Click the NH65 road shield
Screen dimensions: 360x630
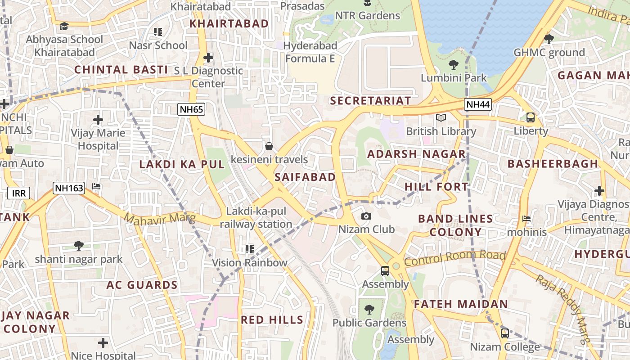point(192,109)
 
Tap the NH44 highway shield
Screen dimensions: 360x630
point(478,104)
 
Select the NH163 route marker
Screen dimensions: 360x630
point(69,188)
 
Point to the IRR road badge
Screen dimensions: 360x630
point(19,193)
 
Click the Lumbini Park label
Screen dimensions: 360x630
point(454,77)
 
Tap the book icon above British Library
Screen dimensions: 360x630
point(441,118)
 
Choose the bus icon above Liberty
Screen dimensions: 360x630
point(531,117)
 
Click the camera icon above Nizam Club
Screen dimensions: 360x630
point(366,216)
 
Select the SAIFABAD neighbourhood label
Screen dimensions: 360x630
point(305,177)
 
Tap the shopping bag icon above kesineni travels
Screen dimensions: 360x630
point(269,146)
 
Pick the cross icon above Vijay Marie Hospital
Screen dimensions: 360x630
point(98,120)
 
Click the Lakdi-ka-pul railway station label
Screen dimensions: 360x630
point(256,217)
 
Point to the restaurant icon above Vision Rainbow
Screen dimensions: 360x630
point(250,249)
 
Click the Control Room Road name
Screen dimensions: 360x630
point(454,258)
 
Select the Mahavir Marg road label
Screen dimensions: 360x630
point(160,219)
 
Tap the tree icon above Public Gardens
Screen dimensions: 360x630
point(369,310)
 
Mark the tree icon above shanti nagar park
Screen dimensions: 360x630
point(79,245)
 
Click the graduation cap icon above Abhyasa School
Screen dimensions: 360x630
point(64,26)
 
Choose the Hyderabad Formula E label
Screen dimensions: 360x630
point(311,52)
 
